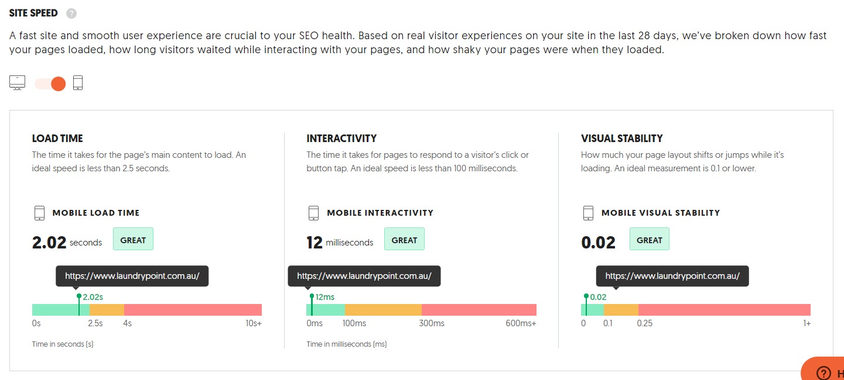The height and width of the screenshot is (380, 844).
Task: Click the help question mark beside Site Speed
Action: [71, 13]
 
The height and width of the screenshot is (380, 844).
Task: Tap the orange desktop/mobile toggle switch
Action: [50, 84]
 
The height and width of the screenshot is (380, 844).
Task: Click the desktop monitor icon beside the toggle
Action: [17, 83]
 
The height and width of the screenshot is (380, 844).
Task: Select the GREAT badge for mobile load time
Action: [133, 240]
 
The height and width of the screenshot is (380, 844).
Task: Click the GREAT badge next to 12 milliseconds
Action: [404, 240]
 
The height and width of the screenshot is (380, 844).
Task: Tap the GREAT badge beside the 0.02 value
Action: [649, 240]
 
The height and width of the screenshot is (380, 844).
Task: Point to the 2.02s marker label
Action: [93, 297]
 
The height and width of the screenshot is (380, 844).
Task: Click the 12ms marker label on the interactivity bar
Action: [325, 297]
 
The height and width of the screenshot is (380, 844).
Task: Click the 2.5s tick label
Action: [95, 323]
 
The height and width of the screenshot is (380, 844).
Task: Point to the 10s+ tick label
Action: [254, 323]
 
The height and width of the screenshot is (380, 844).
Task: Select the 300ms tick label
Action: [432, 323]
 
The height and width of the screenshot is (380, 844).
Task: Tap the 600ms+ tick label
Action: [521, 323]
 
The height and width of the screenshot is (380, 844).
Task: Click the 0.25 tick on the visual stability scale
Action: [644, 323]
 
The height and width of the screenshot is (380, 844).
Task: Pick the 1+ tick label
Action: [807, 323]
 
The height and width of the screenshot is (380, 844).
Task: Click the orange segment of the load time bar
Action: [107, 310]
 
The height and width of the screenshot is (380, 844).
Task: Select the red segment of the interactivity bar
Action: [479, 310]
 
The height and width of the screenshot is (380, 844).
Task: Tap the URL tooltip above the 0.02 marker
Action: [672, 276]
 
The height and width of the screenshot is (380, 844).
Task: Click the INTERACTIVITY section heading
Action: [341, 139]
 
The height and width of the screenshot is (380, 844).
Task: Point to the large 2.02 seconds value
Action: [50, 241]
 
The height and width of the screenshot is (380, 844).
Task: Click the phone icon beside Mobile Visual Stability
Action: [588, 213]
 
